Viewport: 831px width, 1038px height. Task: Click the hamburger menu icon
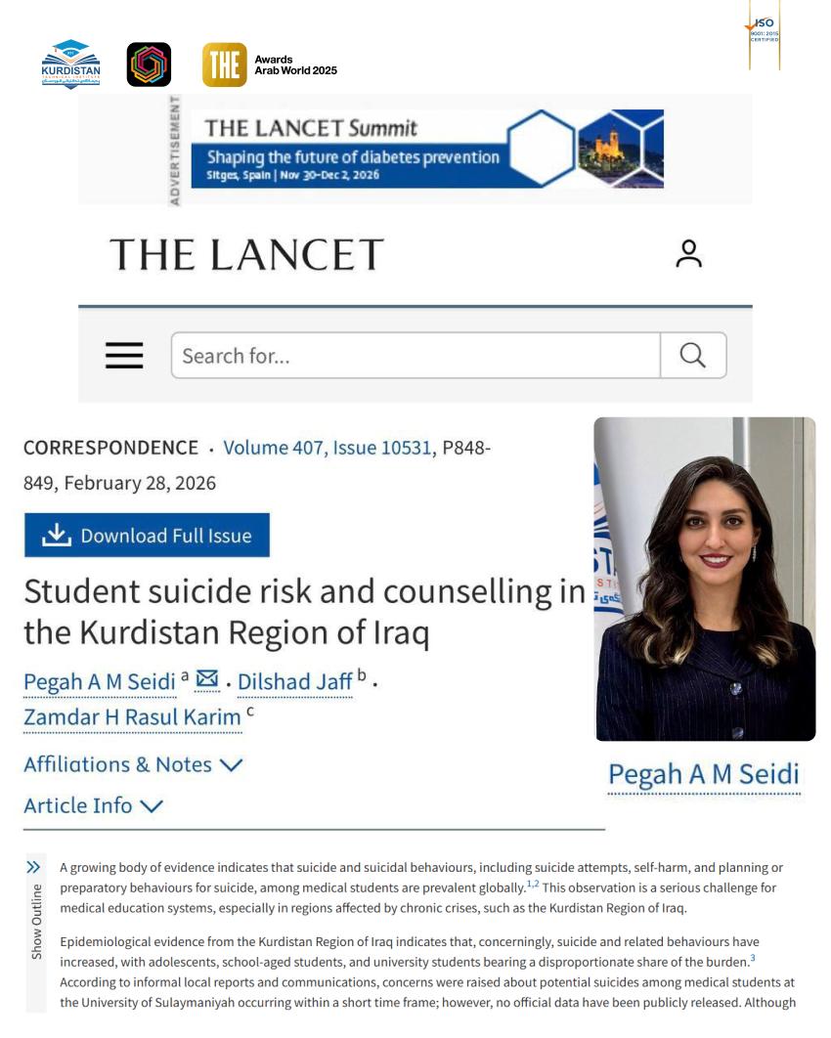point(124,356)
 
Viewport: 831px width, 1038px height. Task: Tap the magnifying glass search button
point(692,356)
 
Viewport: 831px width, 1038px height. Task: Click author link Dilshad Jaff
point(294,682)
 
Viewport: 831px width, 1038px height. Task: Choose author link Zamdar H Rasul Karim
point(132,717)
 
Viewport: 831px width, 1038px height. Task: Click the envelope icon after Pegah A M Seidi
point(207,679)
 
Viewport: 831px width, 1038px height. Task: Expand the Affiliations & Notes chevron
point(232,765)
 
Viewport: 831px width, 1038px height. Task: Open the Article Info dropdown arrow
point(152,806)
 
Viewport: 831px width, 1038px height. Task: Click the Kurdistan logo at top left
point(70,64)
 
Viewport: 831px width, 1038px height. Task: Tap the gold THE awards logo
point(224,65)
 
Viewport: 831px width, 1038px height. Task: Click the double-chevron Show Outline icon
point(34,867)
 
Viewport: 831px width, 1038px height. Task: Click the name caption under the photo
point(703,775)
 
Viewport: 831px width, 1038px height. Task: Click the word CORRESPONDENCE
point(110,448)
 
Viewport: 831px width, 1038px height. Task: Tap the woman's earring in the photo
point(754,553)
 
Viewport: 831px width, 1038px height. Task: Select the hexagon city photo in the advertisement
point(614,148)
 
